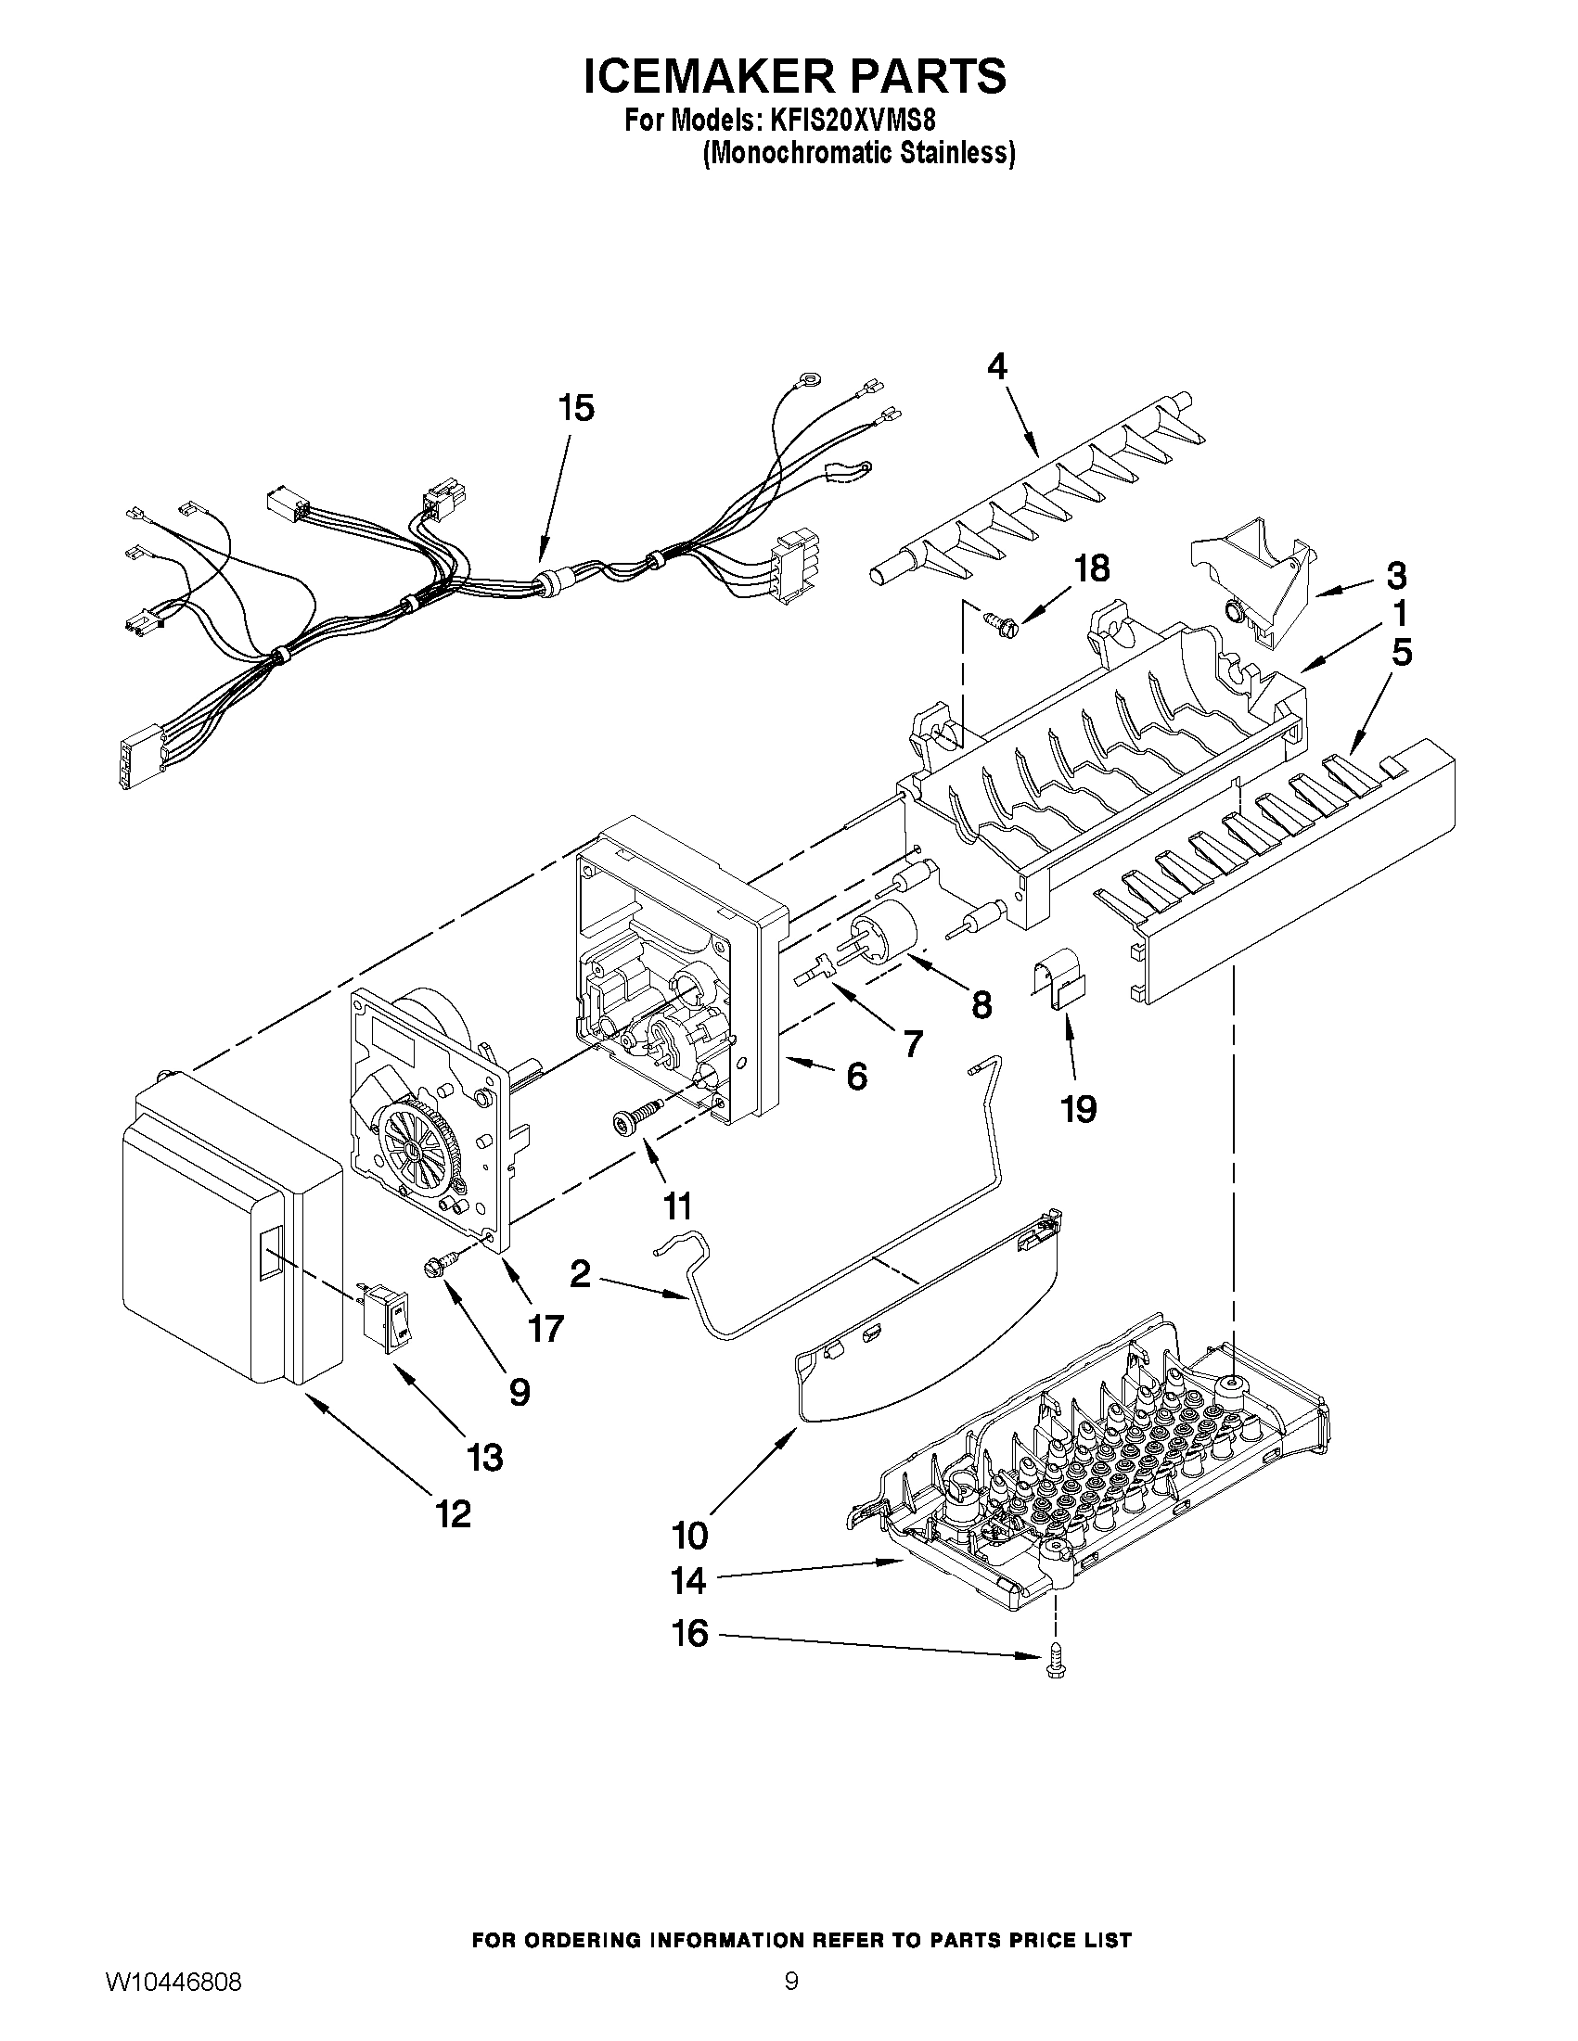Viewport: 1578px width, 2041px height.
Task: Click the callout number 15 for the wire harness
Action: [x=576, y=408]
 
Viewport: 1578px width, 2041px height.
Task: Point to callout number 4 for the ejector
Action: [x=996, y=367]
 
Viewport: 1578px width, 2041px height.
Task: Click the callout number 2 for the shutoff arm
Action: [x=580, y=1273]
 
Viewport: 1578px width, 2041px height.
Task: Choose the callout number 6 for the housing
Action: [x=856, y=1077]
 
